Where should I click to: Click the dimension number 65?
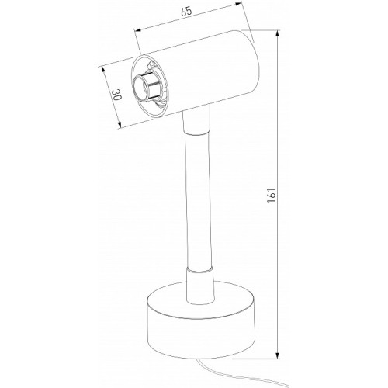coord(186,12)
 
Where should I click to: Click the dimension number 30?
coord(116,95)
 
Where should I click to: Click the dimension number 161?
coord(272,195)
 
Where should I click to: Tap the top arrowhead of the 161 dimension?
coord(278,33)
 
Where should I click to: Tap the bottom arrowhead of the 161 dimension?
coord(278,355)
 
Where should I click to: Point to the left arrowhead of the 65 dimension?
coord(137,30)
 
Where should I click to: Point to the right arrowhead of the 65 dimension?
coord(237,4)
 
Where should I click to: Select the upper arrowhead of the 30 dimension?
coord(102,70)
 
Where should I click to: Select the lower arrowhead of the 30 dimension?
coord(120,125)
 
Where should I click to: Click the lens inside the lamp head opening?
coord(141,88)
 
